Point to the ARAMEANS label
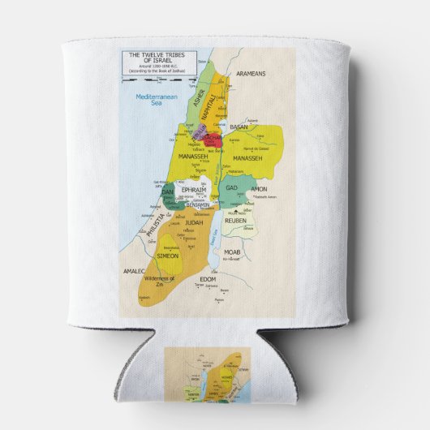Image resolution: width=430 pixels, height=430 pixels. pyautogui.click(x=251, y=74)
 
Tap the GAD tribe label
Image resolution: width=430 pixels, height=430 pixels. pyautogui.click(x=231, y=188)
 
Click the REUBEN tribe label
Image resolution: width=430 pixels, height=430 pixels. pyautogui.click(x=235, y=220)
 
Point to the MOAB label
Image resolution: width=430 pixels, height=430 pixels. pyautogui.click(x=234, y=252)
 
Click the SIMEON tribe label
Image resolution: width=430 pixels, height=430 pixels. pyautogui.click(x=168, y=256)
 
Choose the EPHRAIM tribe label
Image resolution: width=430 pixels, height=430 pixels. pyautogui.click(x=194, y=189)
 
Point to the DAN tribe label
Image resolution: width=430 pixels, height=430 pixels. pyautogui.click(x=168, y=192)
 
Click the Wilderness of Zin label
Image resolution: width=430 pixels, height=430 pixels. pyautogui.click(x=160, y=281)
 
